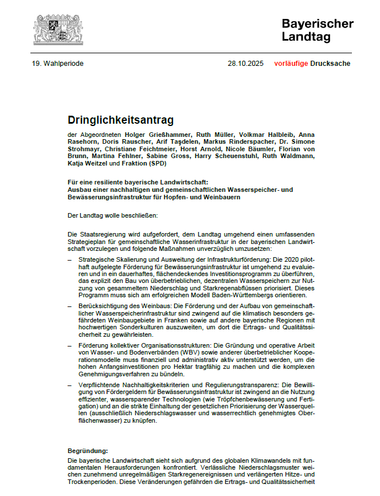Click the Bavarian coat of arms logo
(58, 30)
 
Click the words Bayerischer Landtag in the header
(317, 30)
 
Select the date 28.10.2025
(245, 64)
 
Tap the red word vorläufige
(291, 64)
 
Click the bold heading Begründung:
(88, 451)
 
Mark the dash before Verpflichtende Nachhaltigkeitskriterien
(69, 384)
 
